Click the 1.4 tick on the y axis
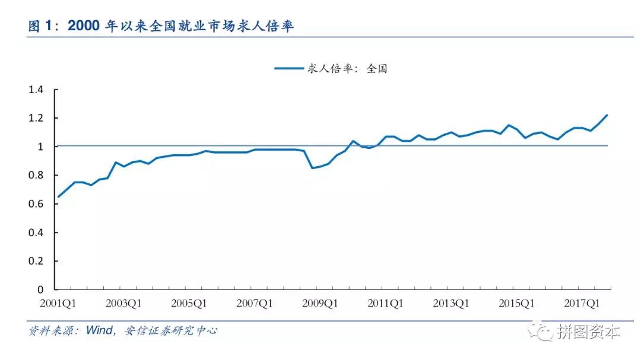(x=36, y=90)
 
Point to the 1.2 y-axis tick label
(x=36, y=118)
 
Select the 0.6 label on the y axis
(x=36, y=204)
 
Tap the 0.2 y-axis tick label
(x=36, y=261)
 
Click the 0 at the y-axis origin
(x=41, y=289)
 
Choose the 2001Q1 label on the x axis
(x=59, y=303)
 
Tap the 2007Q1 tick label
(x=255, y=303)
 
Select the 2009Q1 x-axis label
(x=320, y=303)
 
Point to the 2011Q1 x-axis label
(x=386, y=303)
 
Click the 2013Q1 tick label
(x=451, y=303)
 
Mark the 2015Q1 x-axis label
(x=516, y=303)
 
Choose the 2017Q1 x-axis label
(x=582, y=303)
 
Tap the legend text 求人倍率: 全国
(x=347, y=69)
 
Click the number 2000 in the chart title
(x=84, y=26)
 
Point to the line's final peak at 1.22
(x=607, y=115)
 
